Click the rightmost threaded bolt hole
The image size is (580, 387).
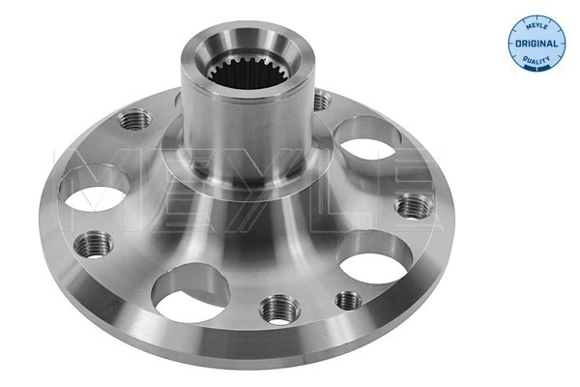[413, 206]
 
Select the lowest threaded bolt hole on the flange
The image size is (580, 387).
[278, 309]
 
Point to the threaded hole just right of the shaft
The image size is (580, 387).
[322, 100]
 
